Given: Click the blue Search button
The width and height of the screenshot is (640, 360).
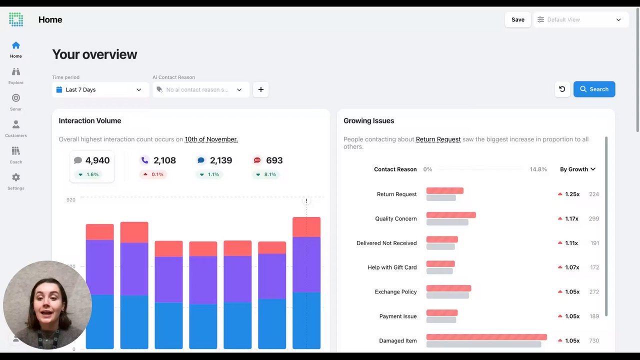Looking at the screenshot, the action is click(x=594, y=89).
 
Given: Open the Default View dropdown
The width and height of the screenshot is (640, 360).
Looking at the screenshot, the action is click(x=581, y=19).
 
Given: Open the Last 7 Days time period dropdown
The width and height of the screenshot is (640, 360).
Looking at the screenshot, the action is click(x=100, y=89).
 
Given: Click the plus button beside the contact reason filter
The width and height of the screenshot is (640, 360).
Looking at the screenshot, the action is click(x=261, y=89).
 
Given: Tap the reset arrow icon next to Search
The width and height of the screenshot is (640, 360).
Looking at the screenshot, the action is click(x=562, y=89).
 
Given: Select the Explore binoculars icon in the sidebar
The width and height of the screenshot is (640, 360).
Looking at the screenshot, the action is click(x=16, y=71).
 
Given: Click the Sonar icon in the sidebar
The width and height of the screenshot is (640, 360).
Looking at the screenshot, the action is click(x=16, y=98).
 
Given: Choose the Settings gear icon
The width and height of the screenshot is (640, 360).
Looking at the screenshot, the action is click(x=16, y=177).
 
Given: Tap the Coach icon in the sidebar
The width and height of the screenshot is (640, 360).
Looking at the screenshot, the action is click(x=16, y=151).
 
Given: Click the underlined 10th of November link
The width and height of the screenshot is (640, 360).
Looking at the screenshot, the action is click(x=211, y=139).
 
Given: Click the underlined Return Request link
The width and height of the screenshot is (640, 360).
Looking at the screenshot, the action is click(x=438, y=139).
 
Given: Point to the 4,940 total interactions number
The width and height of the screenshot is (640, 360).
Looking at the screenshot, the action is click(x=97, y=160).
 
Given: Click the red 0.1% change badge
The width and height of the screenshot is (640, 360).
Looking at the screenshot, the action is click(x=153, y=174).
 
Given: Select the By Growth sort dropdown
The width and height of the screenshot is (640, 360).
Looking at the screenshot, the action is click(x=577, y=169).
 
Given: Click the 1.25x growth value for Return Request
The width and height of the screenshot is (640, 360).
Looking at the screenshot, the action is click(x=572, y=194).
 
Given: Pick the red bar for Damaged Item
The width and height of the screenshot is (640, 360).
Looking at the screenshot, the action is click(x=486, y=337).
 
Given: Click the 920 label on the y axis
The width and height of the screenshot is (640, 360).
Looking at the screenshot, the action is click(x=71, y=199).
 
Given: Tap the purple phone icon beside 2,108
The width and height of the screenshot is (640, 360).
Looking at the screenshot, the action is click(x=145, y=160).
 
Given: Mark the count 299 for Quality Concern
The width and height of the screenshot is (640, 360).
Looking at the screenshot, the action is click(x=593, y=218).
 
